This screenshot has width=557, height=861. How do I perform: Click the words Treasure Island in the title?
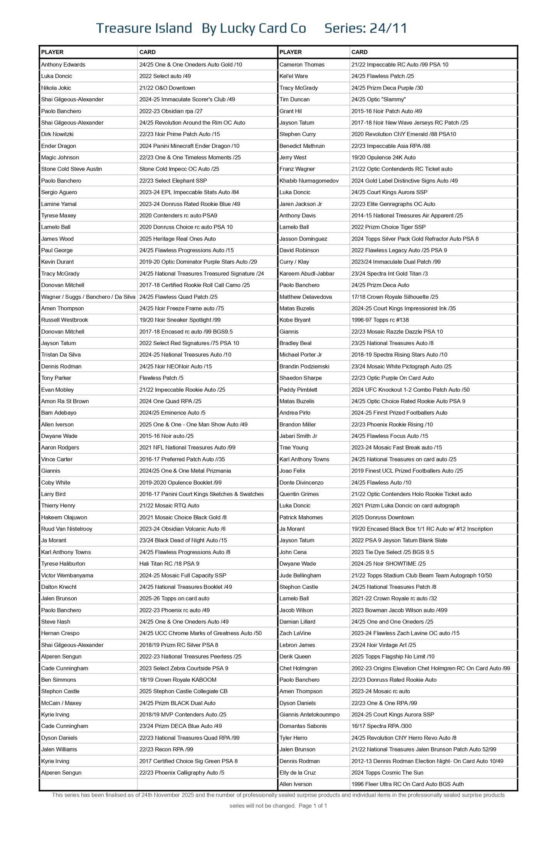pyautogui.click(x=144, y=28)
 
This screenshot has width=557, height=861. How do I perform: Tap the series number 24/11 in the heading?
pyautogui.click(x=388, y=28)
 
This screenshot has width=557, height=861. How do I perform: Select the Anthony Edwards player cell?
pyautogui.click(x=63, y=65)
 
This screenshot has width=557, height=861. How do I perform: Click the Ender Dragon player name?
pyautogui.click(x=59, y=146)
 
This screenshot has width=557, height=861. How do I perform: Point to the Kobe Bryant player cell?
pyautogui.click(x=295, y=320)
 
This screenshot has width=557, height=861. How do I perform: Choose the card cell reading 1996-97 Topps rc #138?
pyautogui.click(x=380, y=320)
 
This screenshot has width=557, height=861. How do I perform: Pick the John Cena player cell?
pyautogui.click(x=293, y=552)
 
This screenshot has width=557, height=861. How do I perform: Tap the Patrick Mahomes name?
pyautogui.click(x=301, y=517)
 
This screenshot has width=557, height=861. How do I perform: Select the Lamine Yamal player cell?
pyautogui.click(x=59, y=204)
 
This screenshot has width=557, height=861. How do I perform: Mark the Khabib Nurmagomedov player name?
pyautogui.click(x=309, y=181)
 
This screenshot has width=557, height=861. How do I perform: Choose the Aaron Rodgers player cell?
pyautogui.click(x=60, y=448)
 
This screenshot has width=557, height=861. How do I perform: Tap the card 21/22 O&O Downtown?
pyautogui.click(x=167, y=88)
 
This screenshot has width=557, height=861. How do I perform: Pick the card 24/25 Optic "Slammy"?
pyautogui.click(x=378, y=99)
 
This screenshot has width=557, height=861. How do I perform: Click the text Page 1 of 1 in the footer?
pyautogui.click(x=313, y=806)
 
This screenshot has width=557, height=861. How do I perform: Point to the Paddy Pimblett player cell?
pyautogui.click(x=298, y=390)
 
